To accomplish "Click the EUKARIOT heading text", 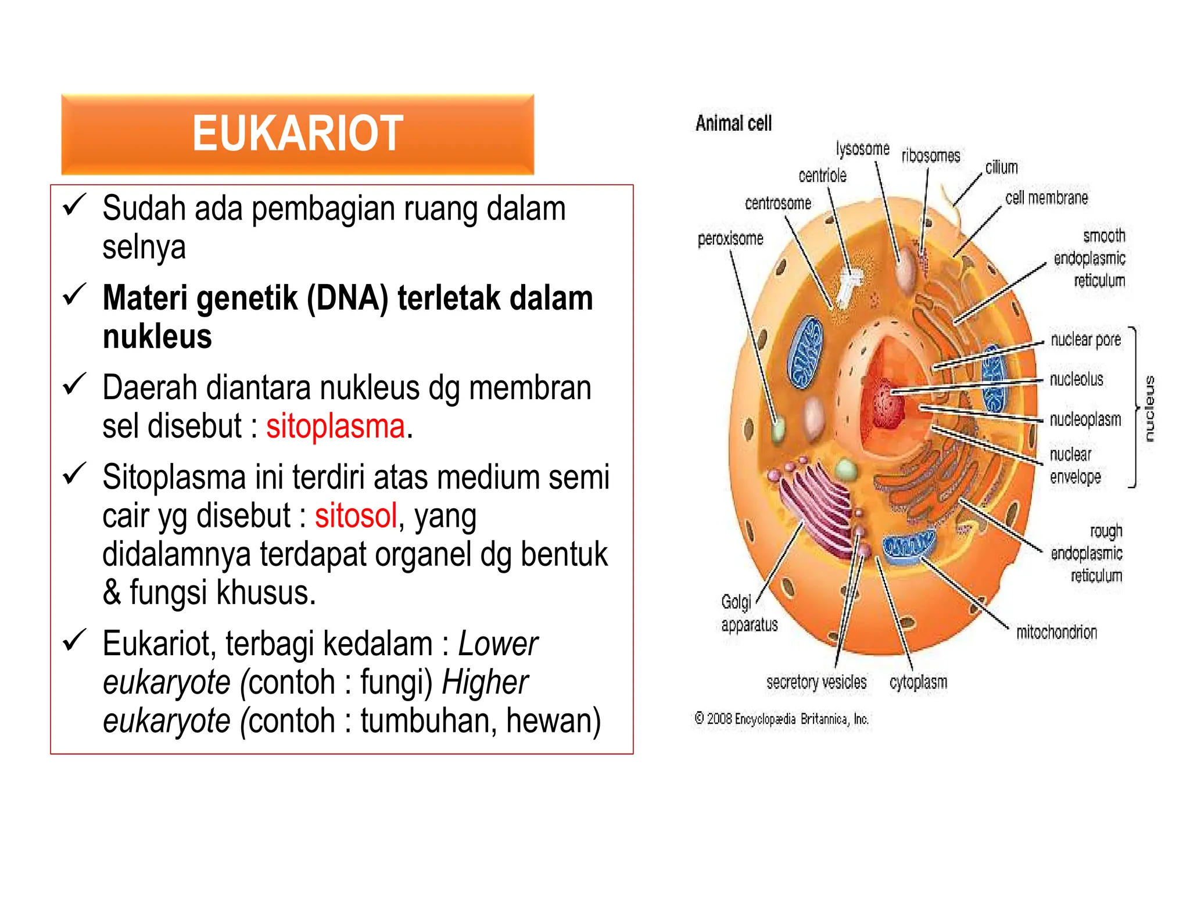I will pyautogui.click(x=297, y=134).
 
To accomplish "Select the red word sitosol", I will pyautogui.click(x=356, y=515).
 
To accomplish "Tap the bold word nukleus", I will pyautogui.click(x=157, y=336).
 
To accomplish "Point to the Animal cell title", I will pyautogui.click(x=733, y=123).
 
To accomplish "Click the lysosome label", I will pyautogui.click(x=862, y=149).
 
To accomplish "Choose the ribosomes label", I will pyautogui.click(x=930, y=156).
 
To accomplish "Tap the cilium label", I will pyautogui.click(x=1001, y=167).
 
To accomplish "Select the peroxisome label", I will pyautogui.click(x=730, y=238).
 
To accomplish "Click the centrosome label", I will pyautogui.click(x=778, y=203).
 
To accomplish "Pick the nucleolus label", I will pyautogui.click(x=1076, y=379).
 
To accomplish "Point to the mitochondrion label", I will pyautogui.click(x=1056, y=632).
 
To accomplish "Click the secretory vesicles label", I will pyautogui.click(x=816, y=682).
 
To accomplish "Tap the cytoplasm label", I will pyautogui.click(x=918, y=682).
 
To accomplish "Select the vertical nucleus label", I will pyautogui.click(x=1149, y=408).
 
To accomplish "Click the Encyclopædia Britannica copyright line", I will pyautogui.click(x=782, y=719).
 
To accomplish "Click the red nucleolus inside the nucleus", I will pyautogui.click(x=886, y=401).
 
